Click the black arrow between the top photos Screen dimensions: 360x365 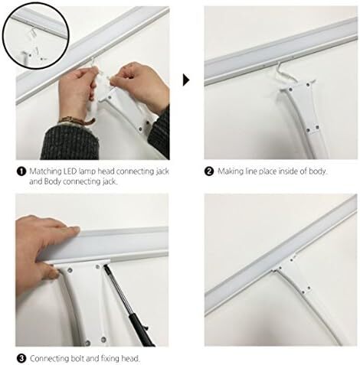(186, 80)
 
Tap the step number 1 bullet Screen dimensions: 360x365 (21, 171)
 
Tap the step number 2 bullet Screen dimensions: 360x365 (209, 171)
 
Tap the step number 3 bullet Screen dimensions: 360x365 (21, 358)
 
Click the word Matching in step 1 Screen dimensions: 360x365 (45, 171)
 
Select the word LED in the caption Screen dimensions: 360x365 (70, 171)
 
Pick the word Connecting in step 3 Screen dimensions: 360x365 (50, 359)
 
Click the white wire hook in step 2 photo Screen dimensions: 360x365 (285, 72)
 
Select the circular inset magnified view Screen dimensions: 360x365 (36, 35)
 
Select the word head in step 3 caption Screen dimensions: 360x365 (130, 358)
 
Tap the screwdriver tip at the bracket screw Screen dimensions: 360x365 (105, 266)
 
